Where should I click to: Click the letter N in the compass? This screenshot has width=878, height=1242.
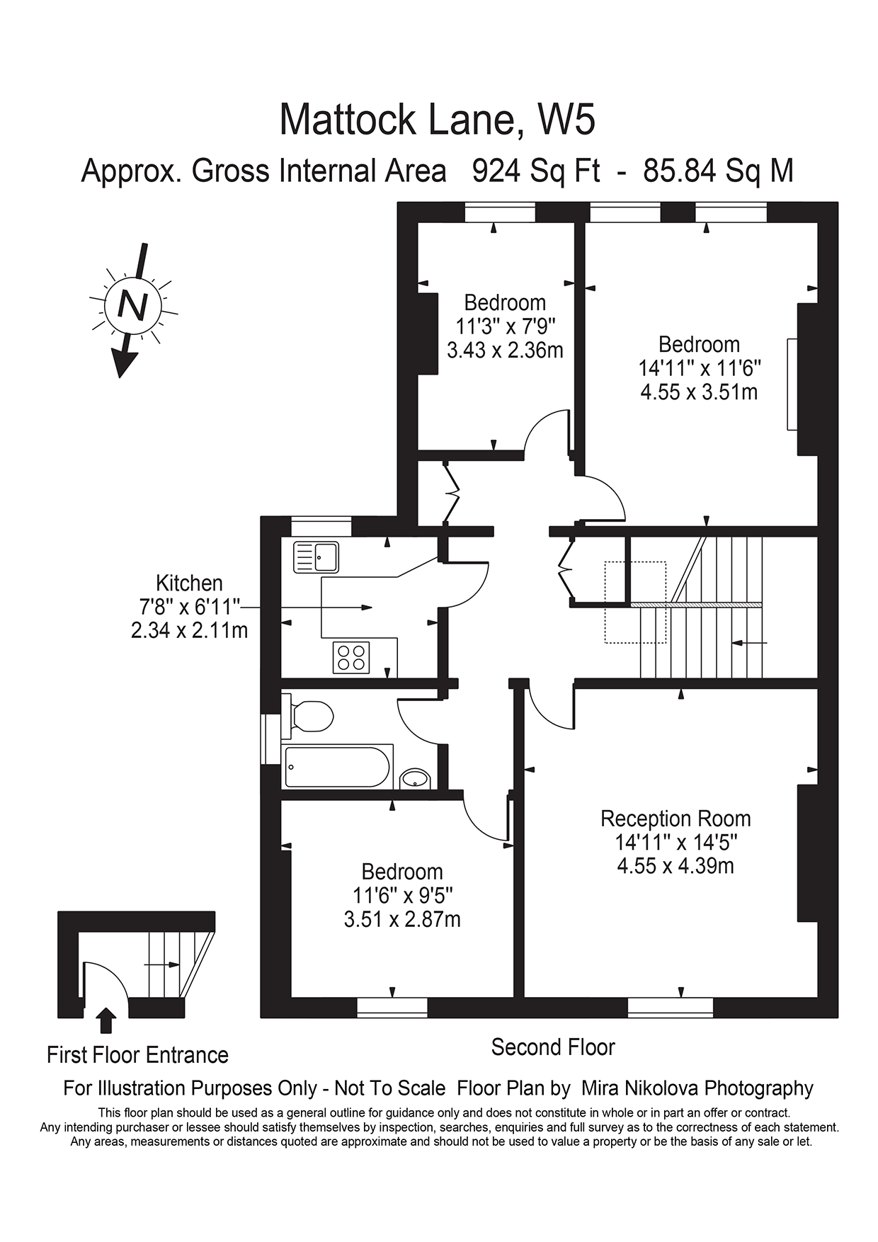pos(132,305)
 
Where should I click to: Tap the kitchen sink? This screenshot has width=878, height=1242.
pos(316,557)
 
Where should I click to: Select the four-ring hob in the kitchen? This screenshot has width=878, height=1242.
pos(350,656)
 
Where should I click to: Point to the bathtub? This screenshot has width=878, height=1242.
pos(337,767)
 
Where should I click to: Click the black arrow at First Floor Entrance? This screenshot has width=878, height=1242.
pos(107,1021)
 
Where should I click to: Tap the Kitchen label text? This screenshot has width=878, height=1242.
pos(189,583)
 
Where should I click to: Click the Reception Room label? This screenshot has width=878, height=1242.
pos(675,819)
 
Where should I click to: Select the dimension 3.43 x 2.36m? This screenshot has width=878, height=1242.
pos(505,350)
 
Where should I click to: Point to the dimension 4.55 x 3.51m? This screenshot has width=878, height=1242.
pos(699,392)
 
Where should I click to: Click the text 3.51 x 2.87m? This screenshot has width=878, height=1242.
pos(402,919)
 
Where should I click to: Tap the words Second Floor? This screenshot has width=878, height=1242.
pos(553,1047)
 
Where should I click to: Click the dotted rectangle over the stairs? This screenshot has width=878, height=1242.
pos(635,602)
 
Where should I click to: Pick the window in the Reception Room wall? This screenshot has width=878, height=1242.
pos(670,1007)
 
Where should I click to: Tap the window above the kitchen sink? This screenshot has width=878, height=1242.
pos(321,527)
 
